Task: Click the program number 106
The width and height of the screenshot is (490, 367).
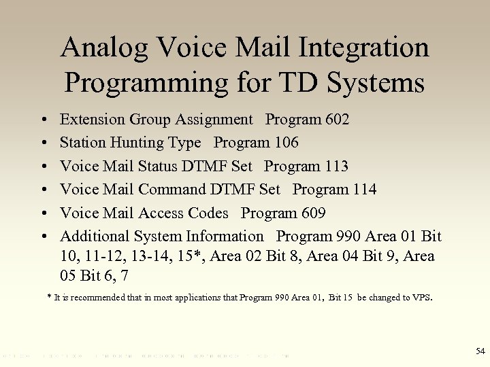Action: [x=285, y=143]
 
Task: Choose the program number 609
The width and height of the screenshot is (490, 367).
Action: [x=312, y=213]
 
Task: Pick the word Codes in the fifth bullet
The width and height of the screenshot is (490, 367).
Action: [x=206, y=213]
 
